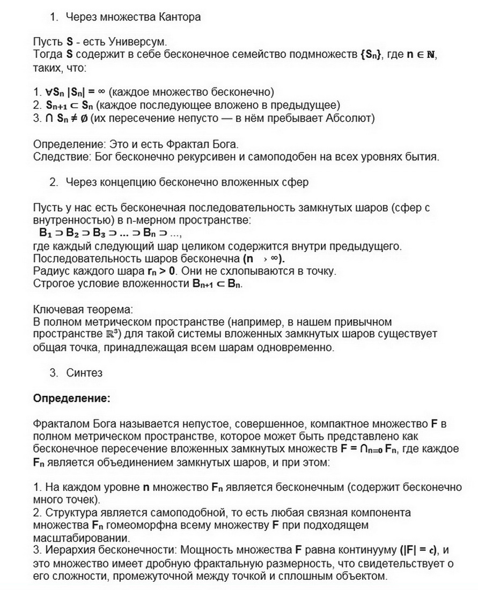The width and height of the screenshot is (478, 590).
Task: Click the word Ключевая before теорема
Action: click(59, 309)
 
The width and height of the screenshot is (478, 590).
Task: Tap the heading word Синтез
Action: click(84, 372)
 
